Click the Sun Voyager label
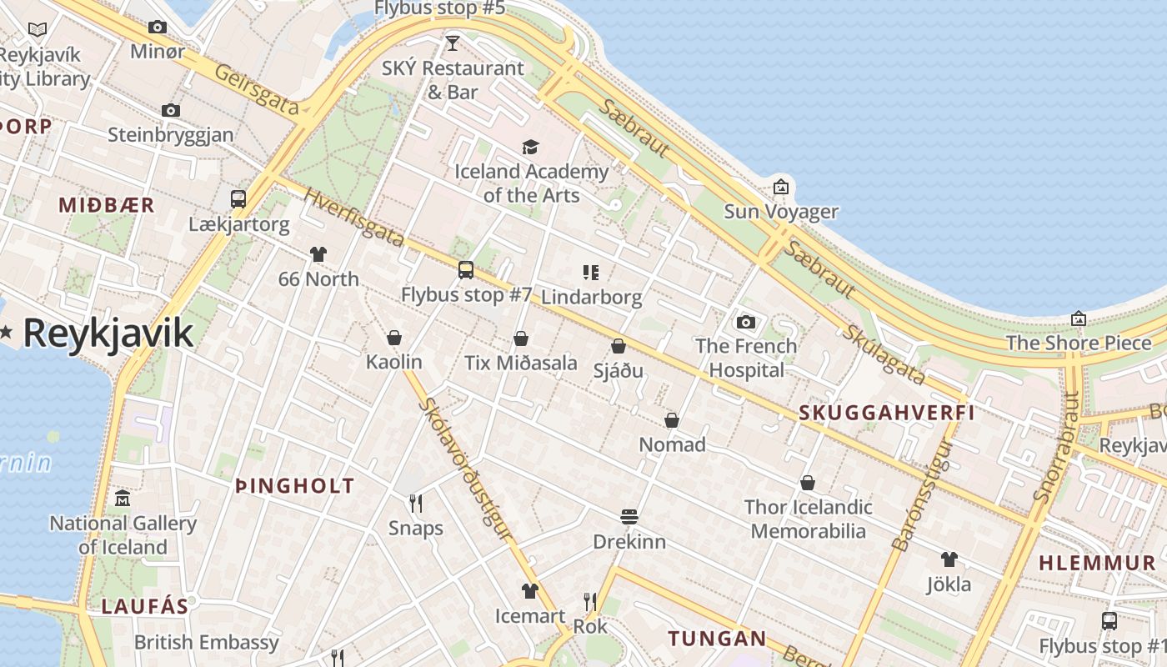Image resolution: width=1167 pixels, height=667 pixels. (780, 211)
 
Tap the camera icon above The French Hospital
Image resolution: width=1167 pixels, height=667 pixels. (746, 322)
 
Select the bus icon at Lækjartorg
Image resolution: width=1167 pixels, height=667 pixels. (238, 198)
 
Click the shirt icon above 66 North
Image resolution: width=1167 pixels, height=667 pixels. (318, 253)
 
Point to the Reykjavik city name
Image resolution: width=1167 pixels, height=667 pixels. (108, 333)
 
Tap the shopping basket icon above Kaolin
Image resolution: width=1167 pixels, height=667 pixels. (394, 338)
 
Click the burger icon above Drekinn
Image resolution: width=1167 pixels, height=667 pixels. (629, 517)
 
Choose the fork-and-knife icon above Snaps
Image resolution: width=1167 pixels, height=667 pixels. (416, 503)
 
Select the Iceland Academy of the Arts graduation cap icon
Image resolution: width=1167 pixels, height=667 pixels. (531, 148)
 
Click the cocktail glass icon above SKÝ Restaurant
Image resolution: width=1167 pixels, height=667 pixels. (453, 43)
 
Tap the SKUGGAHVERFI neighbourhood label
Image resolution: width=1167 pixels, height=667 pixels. (887, 412)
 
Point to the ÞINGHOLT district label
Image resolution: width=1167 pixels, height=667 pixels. (295, 486)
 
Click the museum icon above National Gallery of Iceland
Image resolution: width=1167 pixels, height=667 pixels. (123, 499)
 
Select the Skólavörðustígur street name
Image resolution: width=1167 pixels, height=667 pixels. (465, 468)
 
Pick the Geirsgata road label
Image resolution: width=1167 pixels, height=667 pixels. (257, 89)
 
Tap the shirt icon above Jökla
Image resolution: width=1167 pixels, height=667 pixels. (949, 559)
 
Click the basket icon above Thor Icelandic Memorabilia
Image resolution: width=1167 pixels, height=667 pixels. (808, 482)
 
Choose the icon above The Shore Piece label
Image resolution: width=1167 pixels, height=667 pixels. (1079, 318)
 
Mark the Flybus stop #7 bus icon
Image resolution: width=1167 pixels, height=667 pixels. (466, 269)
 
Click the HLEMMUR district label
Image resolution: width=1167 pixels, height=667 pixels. (1097, 563)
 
